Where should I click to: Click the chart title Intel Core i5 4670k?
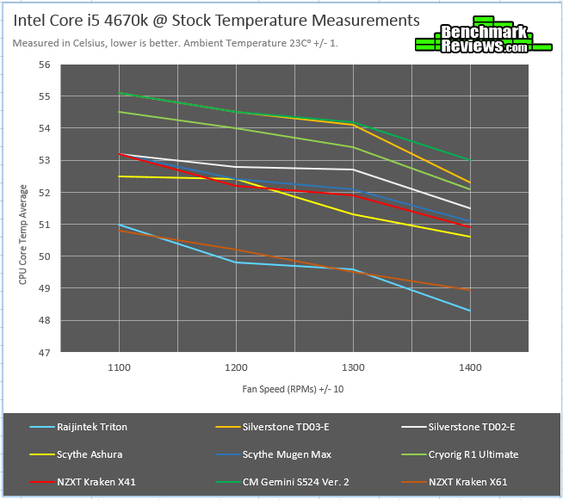tap(216, 19)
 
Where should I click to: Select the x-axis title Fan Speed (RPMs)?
tap(293, 389)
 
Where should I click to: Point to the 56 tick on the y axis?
tap(45, 65)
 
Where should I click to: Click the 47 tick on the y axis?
tap(45, 353)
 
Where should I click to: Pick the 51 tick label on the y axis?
tap(45, 225)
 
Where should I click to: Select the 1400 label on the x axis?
tap(469, 367)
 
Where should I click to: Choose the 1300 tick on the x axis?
tap(352, 367)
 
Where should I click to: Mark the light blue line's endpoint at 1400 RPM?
tap(469, 311)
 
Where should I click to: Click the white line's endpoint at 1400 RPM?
tap(469, 208)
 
